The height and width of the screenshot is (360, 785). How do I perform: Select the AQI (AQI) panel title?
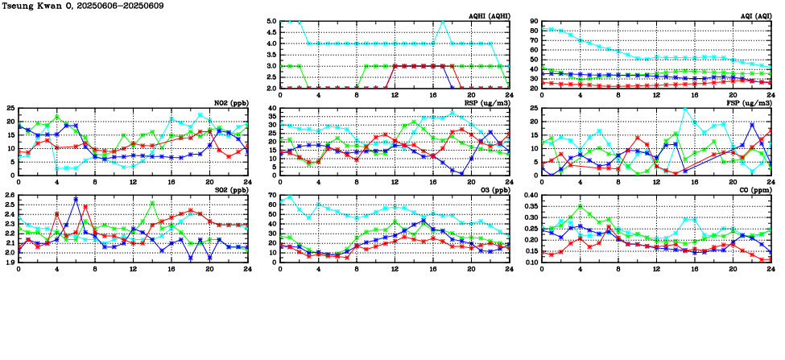coord(755,15)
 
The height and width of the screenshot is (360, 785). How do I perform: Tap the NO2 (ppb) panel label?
coord(232,102)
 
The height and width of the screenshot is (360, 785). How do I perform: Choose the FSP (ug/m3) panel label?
coord(751,102)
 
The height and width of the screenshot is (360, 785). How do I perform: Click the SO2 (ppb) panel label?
coord(232,190)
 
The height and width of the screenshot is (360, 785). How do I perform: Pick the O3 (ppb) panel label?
coord(493,190)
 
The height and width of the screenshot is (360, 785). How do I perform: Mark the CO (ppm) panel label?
coord(755,190)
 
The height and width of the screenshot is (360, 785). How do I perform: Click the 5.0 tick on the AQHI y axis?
coord(271,22)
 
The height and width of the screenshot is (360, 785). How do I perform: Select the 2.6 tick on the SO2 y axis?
coord(10,195)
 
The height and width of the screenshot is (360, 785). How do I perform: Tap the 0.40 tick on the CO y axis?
coord(531,195)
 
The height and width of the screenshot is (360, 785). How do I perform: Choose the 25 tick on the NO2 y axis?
coord(10,108)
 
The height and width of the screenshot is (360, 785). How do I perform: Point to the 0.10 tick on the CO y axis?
coord(531,263)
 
